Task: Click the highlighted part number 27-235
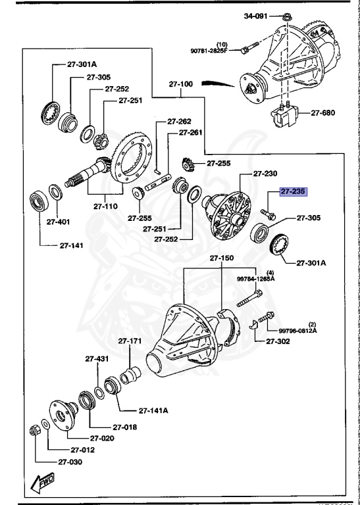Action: pos(294,192)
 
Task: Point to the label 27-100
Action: pos(180,84)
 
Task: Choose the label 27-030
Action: pos(69,462)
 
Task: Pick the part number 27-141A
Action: pos(153,410)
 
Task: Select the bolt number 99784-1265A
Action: pos(257,279)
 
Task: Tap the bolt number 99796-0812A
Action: pos(297,331)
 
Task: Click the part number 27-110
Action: pos(105,206)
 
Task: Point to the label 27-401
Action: pos(58,222)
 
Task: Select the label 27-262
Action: pos(178,121)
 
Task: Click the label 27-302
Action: pos(279,341)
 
